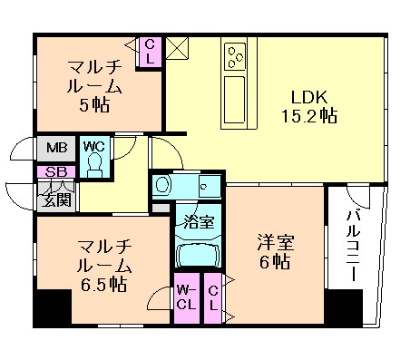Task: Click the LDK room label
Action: (x=308, y=97)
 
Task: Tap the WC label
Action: (x=94, y=146)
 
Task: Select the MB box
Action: (x=47, y=147)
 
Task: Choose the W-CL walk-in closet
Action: (x=186, y=297)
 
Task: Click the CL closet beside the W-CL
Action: (x=213, y=297)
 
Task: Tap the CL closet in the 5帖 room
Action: (x=150, y=51)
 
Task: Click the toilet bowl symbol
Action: (x=94, y=164)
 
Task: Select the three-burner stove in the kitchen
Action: (x=237, y=54)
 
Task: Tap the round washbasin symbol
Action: (x=162, y=185)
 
